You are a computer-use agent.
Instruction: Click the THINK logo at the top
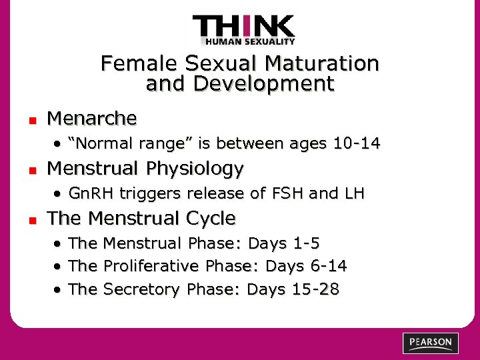(x=243, y=30)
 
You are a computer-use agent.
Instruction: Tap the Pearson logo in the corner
(x=430, y=343)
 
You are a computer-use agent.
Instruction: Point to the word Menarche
(x=92, y=119)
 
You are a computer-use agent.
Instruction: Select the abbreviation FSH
(x=287, y=193)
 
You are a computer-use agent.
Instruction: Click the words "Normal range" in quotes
(x=111, y=143)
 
